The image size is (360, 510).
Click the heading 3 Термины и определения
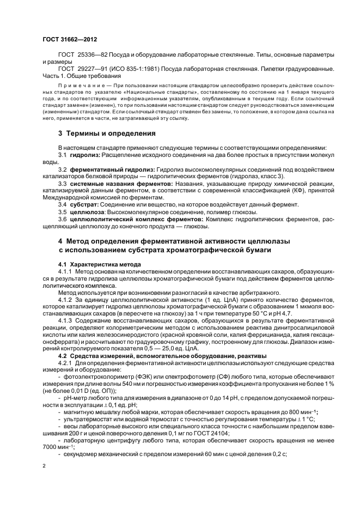pyautogui.click(x=99, y=133)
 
